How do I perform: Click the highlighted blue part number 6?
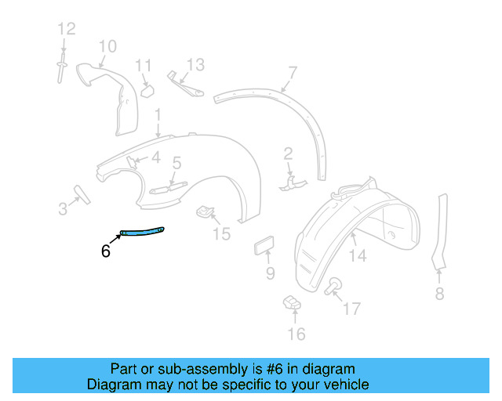coord(142,229)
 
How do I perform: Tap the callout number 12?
coord(66,29)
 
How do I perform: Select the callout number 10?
coord(107,46)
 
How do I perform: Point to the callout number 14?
coord(358,255)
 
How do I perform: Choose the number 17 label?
coord(351,308)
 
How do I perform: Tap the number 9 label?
coord(270,273)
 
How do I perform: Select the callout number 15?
coord(222,233)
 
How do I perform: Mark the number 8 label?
coord(439,294)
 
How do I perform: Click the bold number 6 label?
coord(106,251)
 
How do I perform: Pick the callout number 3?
coord(63,208)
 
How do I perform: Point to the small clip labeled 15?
coord(206,211)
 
